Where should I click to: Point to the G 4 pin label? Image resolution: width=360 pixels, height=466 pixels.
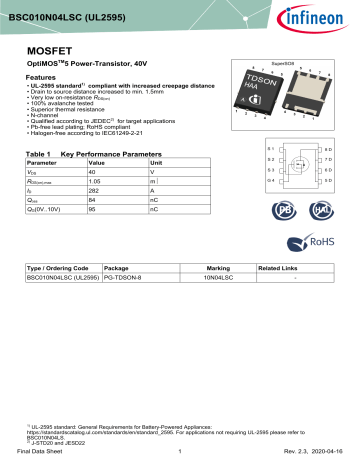tap(241, 181)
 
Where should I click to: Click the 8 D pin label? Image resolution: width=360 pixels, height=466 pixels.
tap(328, 148)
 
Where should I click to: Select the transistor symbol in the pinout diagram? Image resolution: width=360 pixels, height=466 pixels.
tap(285, 164)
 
